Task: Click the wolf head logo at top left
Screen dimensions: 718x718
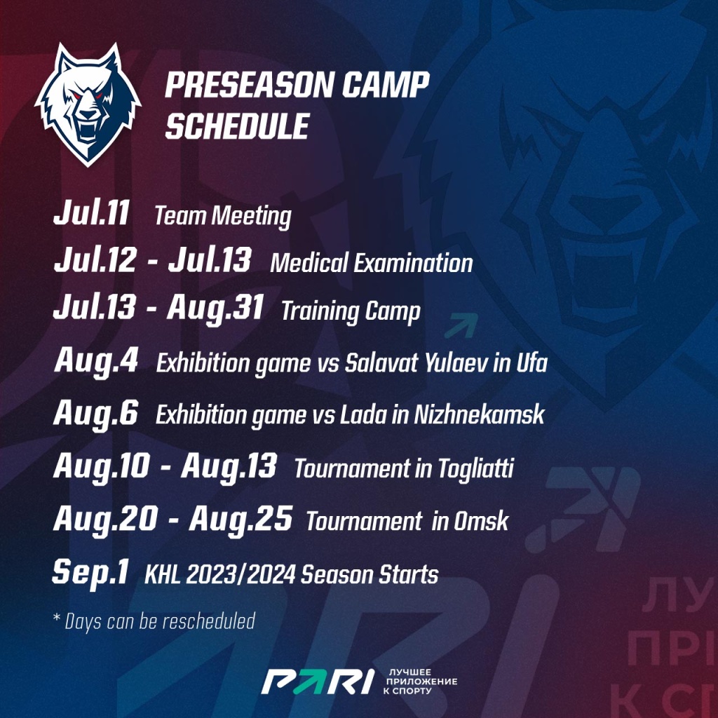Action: click(88, 104)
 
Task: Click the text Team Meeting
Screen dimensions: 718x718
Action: click(222, 217)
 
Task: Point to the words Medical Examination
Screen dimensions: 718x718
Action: click(371, 264)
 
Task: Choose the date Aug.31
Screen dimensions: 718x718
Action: click(215, 308)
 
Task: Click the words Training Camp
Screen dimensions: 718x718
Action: click(351, 311)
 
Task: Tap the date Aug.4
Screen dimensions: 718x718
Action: click(96, 363)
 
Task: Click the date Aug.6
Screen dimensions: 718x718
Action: click(96, 414)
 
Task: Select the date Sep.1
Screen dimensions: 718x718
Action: click(90, 573)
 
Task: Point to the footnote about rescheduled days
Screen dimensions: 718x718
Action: click(154, 621)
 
